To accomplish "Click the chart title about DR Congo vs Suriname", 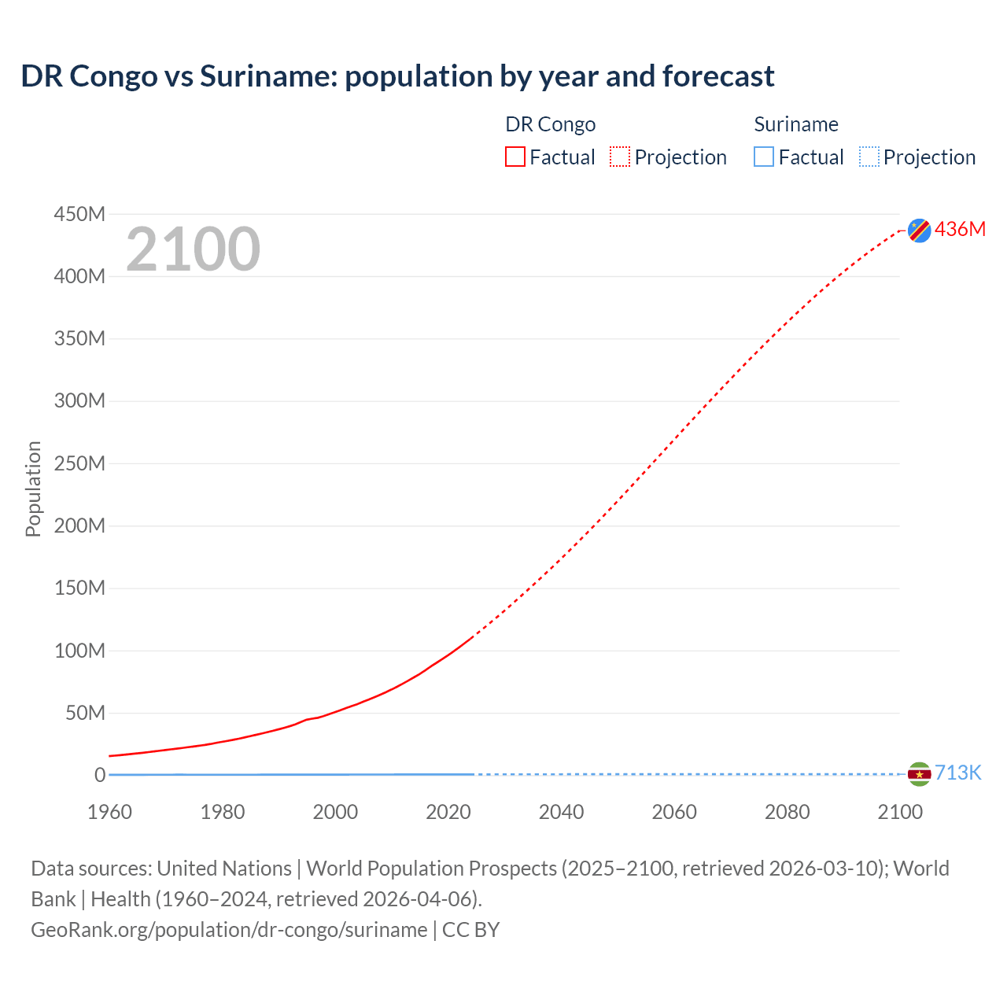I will [397, 76].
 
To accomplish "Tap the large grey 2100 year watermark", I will [193, 249].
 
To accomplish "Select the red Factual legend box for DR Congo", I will [515, 157].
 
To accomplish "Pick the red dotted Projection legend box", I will [620, 157].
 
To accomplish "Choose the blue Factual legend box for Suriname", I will [764, 157].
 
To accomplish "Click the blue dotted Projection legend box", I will [869, 157].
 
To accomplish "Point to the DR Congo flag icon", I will [919, 230].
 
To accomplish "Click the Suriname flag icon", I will [919, 774].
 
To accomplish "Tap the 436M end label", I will [960, 229].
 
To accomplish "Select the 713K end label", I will [957, 773].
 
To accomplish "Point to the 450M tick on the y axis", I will [79, 214].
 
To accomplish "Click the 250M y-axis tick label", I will [79, 463].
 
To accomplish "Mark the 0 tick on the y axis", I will [100, 775].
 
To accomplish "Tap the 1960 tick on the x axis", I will [109, 812].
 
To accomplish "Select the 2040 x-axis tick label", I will [561, 812].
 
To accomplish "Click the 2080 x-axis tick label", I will [787, 812].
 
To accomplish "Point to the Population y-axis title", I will [33, 489].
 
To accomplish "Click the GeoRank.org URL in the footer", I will [229, 930].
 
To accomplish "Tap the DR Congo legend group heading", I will [550, 124].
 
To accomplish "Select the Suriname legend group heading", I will [795, 124].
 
